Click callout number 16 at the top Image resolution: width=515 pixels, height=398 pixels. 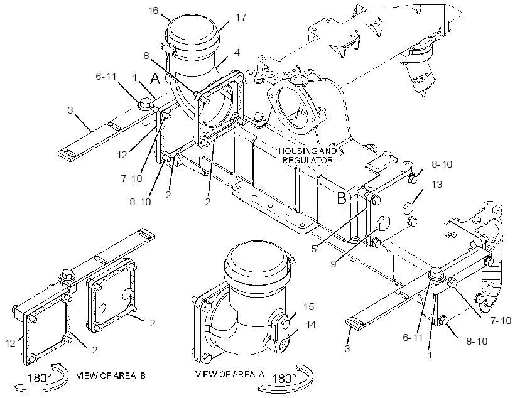pyautogui.click(x=153, y=11)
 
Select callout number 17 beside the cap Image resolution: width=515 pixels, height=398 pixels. pyautogui.click(x=241, y=18)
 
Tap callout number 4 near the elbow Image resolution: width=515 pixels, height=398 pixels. pyautogui.click(x=237, y=52)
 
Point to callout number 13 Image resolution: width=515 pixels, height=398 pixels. pyautogui.click(x=437, y=185)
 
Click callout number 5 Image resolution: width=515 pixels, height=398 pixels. pyautogui.click(x=314, y=249)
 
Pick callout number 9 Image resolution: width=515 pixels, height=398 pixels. pyautogui.click(x=333, y=264)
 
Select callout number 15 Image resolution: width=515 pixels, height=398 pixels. pyautogui.click(x=309, y=307)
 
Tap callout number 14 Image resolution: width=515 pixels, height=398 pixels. pyautogui.click(x=310, y=325)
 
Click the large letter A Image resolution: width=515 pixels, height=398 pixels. pyautogui.click(x=155, y=78)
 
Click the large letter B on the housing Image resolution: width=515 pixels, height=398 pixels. pyautogui.click(x=342, y=198)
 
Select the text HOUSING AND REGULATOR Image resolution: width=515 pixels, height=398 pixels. pyautogui.click(x=308, y=156)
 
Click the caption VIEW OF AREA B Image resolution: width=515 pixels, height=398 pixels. pyautogui.click(x=111, y=375)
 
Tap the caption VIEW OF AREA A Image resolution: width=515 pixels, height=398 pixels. pyautogui.click(x=230, y=374)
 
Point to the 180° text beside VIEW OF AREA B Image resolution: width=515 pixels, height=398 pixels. pyautogui.click(x=39, y=378)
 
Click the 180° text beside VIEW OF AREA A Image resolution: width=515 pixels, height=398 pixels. pyautogui.click(x=284, y=379)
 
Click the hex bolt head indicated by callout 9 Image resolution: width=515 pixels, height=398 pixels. pyautogui.click(x=382, y=223)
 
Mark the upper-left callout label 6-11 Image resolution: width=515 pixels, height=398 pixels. pyautogui.click(x=106, y=77)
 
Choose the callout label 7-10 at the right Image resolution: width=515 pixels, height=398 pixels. pyautogui.click(x=501, y=321)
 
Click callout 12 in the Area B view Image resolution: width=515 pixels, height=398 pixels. pyautogui.click(x=10, y=343)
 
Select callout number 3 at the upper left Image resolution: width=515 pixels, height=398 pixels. pyautogui.click(x=70, y=110)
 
